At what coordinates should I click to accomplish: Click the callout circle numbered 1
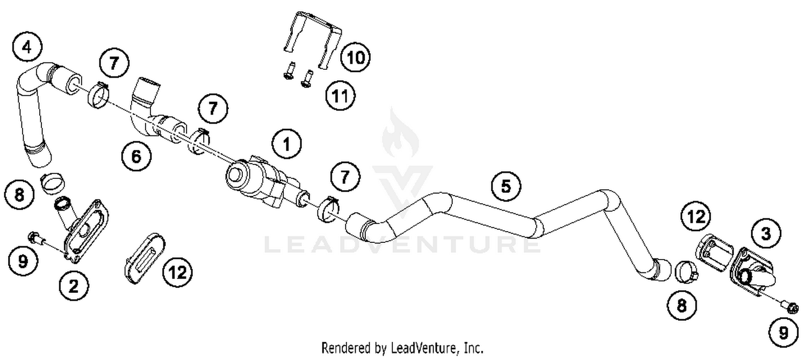coord(286,143)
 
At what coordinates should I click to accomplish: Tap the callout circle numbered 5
coord(506,186)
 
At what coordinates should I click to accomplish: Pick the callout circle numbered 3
coord(765,233)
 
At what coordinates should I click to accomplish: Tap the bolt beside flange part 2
coord(37,238)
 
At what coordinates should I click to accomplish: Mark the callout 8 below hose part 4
coord(19,194)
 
